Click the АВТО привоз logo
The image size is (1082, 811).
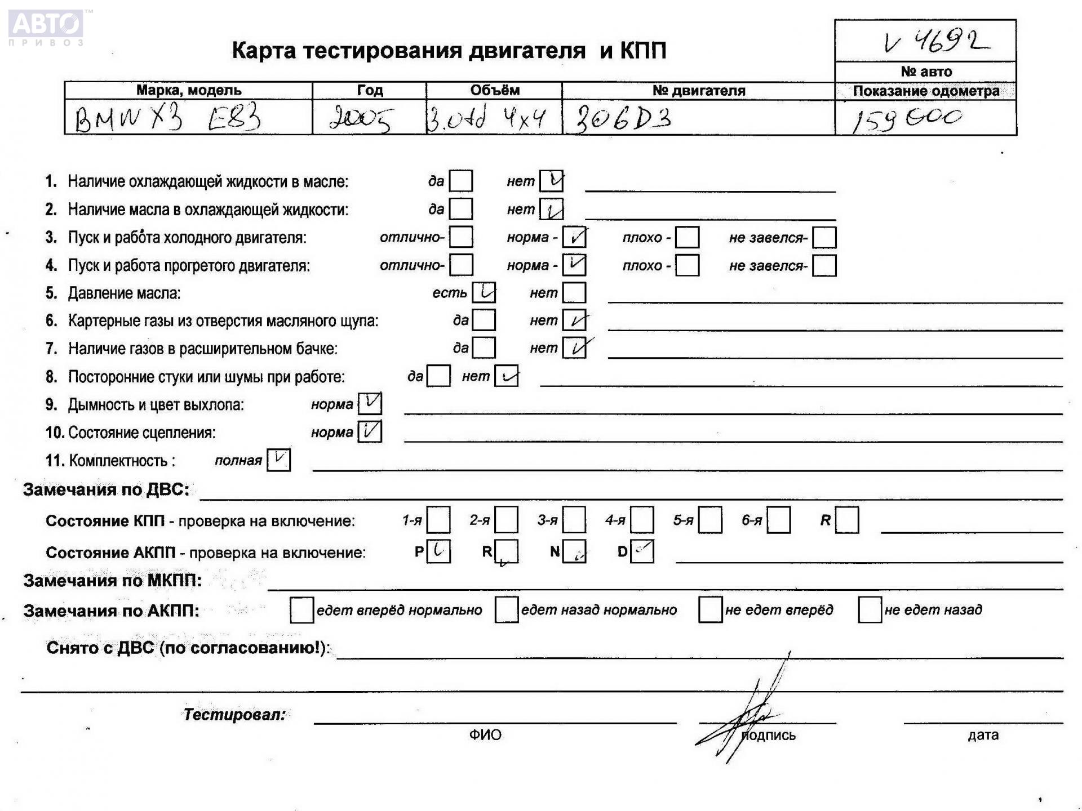[46, 27]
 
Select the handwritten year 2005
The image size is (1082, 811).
[360, 119]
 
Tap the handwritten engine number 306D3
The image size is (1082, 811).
[622, 119]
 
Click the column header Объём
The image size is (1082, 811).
[494, 90]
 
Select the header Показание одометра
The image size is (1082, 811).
[925, 91]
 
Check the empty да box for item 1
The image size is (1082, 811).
[461, 181]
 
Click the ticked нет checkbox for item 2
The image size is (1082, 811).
[551, 210]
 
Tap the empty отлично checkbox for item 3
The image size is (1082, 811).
[461, 237]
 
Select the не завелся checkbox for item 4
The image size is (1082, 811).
[824, 265]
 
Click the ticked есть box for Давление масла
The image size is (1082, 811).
[484, 292]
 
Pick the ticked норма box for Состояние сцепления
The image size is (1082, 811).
[370, 432]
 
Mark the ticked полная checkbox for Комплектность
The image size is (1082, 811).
[278, 460]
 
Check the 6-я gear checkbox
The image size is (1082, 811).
[778, 520]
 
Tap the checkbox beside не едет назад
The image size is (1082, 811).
[870, 610]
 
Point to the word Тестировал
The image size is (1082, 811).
[234, 715]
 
